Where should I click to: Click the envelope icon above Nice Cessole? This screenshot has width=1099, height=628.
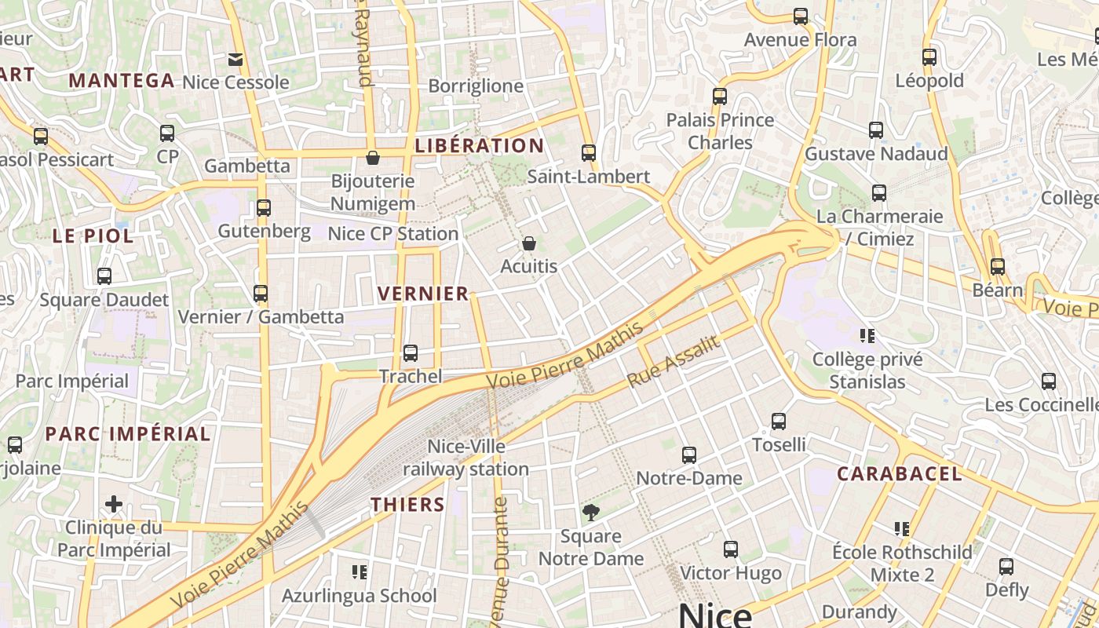[x=235, y=59]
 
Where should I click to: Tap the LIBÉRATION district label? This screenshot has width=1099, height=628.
[x=479, y=146]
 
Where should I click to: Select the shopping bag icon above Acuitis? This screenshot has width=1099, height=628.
[x=529, y=243]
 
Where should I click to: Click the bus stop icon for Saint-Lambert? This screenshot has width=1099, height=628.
[x=589, y=153]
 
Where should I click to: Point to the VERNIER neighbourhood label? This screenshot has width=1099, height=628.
[x=423, y=294]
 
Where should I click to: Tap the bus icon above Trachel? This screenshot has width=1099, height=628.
[x=410, y=353]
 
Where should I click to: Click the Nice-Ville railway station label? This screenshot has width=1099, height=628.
[x=466, y=458]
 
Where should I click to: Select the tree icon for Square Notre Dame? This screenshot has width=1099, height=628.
[x=590, y=513]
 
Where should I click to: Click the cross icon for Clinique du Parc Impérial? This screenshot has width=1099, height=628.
[x=114, y=503]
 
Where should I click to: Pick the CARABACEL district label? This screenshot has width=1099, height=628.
[x=899, y=474]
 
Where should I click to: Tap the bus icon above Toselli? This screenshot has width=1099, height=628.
[x=779, y=422]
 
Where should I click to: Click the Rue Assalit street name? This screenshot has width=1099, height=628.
[x=674, y=362]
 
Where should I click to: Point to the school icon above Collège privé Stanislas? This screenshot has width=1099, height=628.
[x=867, y=336]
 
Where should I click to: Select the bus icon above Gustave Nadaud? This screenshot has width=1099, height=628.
[x=876, y=130]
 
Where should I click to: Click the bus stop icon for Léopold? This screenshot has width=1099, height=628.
[x=929, y=57]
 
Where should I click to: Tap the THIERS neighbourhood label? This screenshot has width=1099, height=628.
[x=407, y=505]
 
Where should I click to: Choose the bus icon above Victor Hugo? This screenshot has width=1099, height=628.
[x=731, y=549]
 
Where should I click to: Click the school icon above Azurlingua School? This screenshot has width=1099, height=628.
[x=360, y=572]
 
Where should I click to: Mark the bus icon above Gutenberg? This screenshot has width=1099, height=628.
[x=264, y=208]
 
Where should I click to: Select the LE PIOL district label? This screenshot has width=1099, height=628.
[x=93, y=235]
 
